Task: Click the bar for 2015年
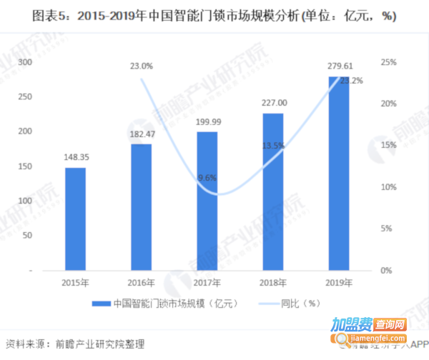point(76,219)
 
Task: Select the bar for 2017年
point(207,201)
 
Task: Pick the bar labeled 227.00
point(273,192)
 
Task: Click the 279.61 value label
point(339,66)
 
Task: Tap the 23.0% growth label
point(141,66)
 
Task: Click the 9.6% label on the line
point(207,178)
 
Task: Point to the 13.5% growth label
point(273,146)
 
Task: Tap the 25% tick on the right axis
point(389,62)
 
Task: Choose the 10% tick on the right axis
point(389,187)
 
